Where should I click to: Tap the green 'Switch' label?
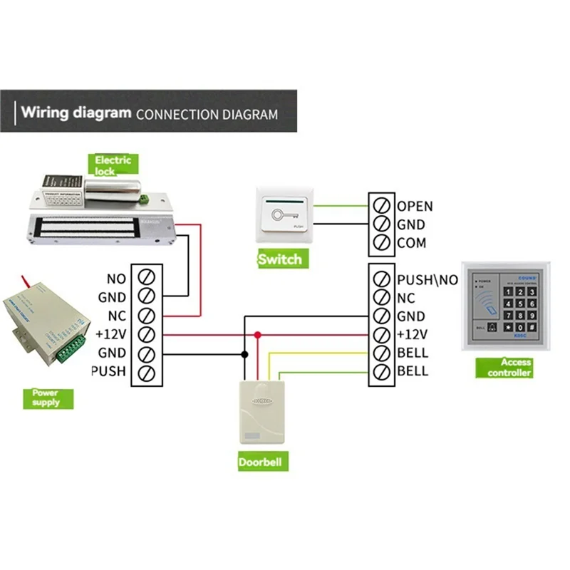coord(279,259)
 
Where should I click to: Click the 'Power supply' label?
coord(46,398)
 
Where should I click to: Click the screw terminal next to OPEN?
coord(381,206)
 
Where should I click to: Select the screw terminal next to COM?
coord(381,243)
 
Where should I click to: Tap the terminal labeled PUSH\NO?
coord(381,280)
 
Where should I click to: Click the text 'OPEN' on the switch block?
coord(415,207)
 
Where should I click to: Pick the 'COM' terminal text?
coord(411,243)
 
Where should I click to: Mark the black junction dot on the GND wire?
coord(244,353)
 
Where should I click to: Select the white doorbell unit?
coord(261,413)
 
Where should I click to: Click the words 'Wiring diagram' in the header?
coord(76,113)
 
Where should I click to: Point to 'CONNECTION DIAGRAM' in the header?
coord(207,114)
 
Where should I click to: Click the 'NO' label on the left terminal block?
coord(115,279)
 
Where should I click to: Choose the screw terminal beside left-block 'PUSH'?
coord(147,371)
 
